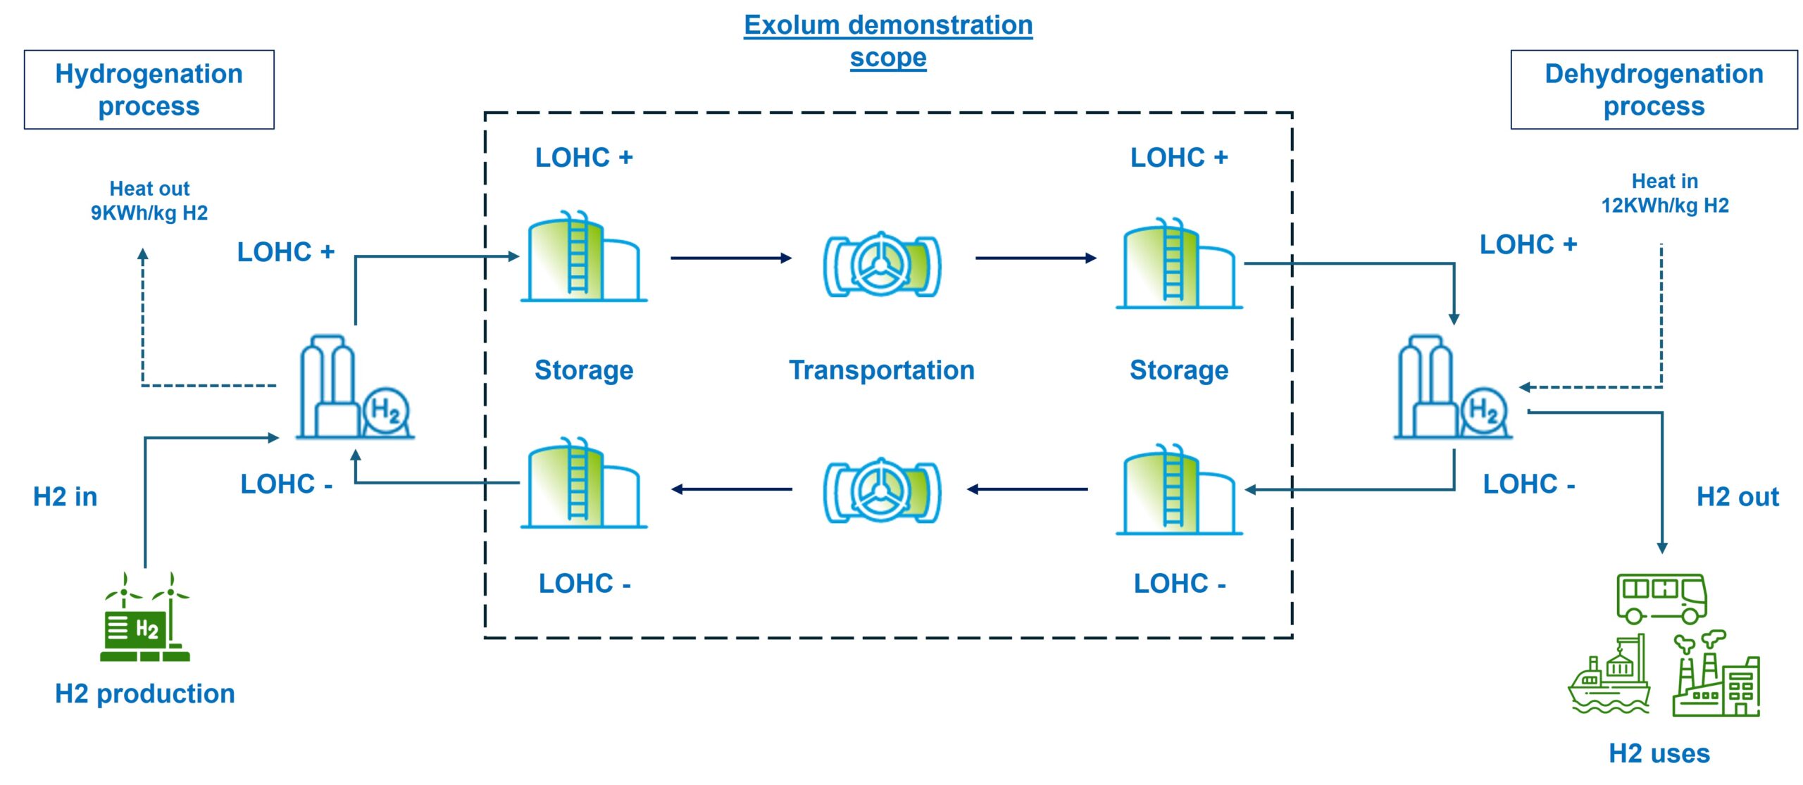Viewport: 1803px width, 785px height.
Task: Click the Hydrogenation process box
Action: tap(149, 89)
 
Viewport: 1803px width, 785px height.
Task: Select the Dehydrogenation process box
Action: tap(1653, 89)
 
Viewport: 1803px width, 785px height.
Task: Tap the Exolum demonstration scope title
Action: tap(887, 41)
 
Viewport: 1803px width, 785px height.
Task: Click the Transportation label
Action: tap(881, 370)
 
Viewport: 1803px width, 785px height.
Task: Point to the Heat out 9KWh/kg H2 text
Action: tap(149, 201)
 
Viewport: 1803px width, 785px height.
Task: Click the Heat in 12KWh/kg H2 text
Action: tap(1664, 193)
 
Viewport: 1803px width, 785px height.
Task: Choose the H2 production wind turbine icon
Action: tap(145, 618)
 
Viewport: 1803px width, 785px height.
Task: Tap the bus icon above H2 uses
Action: tap(1661, 598)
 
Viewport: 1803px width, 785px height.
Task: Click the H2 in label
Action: tap(65, 497)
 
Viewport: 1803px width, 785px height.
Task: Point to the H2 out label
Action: tap(1737, 497)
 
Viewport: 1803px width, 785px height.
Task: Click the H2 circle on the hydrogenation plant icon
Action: tap(386, 410)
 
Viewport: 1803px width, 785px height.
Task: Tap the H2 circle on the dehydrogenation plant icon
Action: tap(1483, 410)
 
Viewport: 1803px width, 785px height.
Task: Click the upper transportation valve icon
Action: tap(882, 266)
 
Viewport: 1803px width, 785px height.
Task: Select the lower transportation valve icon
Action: tap(882, 491)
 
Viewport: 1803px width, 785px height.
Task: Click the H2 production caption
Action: tap(144, 694)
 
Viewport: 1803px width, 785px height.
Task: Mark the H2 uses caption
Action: tap(1659, 753)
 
